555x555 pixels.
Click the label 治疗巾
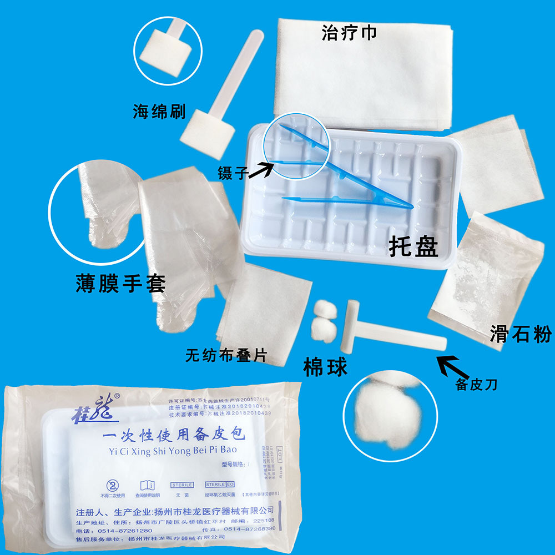tap(349, 33)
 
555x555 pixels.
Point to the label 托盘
tap(413, 246)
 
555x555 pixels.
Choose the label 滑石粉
tap(520, 334)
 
